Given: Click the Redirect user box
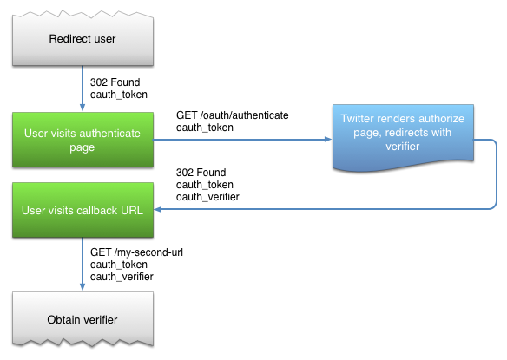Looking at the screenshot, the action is point(82,39).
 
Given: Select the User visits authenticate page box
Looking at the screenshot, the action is point(82,140).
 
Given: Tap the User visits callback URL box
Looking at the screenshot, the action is point(82,210).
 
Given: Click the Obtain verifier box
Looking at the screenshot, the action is point(82,319).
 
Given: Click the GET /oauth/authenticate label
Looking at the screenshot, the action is point(232,115).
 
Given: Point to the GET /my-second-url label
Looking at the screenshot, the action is point(136,252).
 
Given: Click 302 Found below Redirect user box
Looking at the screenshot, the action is point(115,82).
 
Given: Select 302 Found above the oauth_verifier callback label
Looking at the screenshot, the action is point(201,173).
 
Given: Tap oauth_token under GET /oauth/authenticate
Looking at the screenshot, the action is point(205,128).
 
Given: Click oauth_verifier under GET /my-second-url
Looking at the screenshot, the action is point(122,277).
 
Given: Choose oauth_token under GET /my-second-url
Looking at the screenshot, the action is point(119,265).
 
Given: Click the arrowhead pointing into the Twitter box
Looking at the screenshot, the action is point(328,140).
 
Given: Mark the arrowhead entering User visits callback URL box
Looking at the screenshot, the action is point(157,209).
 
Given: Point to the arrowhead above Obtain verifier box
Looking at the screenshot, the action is point(82,286).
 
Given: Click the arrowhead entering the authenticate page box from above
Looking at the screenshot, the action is point(82,108).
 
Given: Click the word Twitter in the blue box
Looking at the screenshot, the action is point(357,119).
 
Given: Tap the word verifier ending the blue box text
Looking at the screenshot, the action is point(403,147).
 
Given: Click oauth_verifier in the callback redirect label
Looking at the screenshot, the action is point(207,197).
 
